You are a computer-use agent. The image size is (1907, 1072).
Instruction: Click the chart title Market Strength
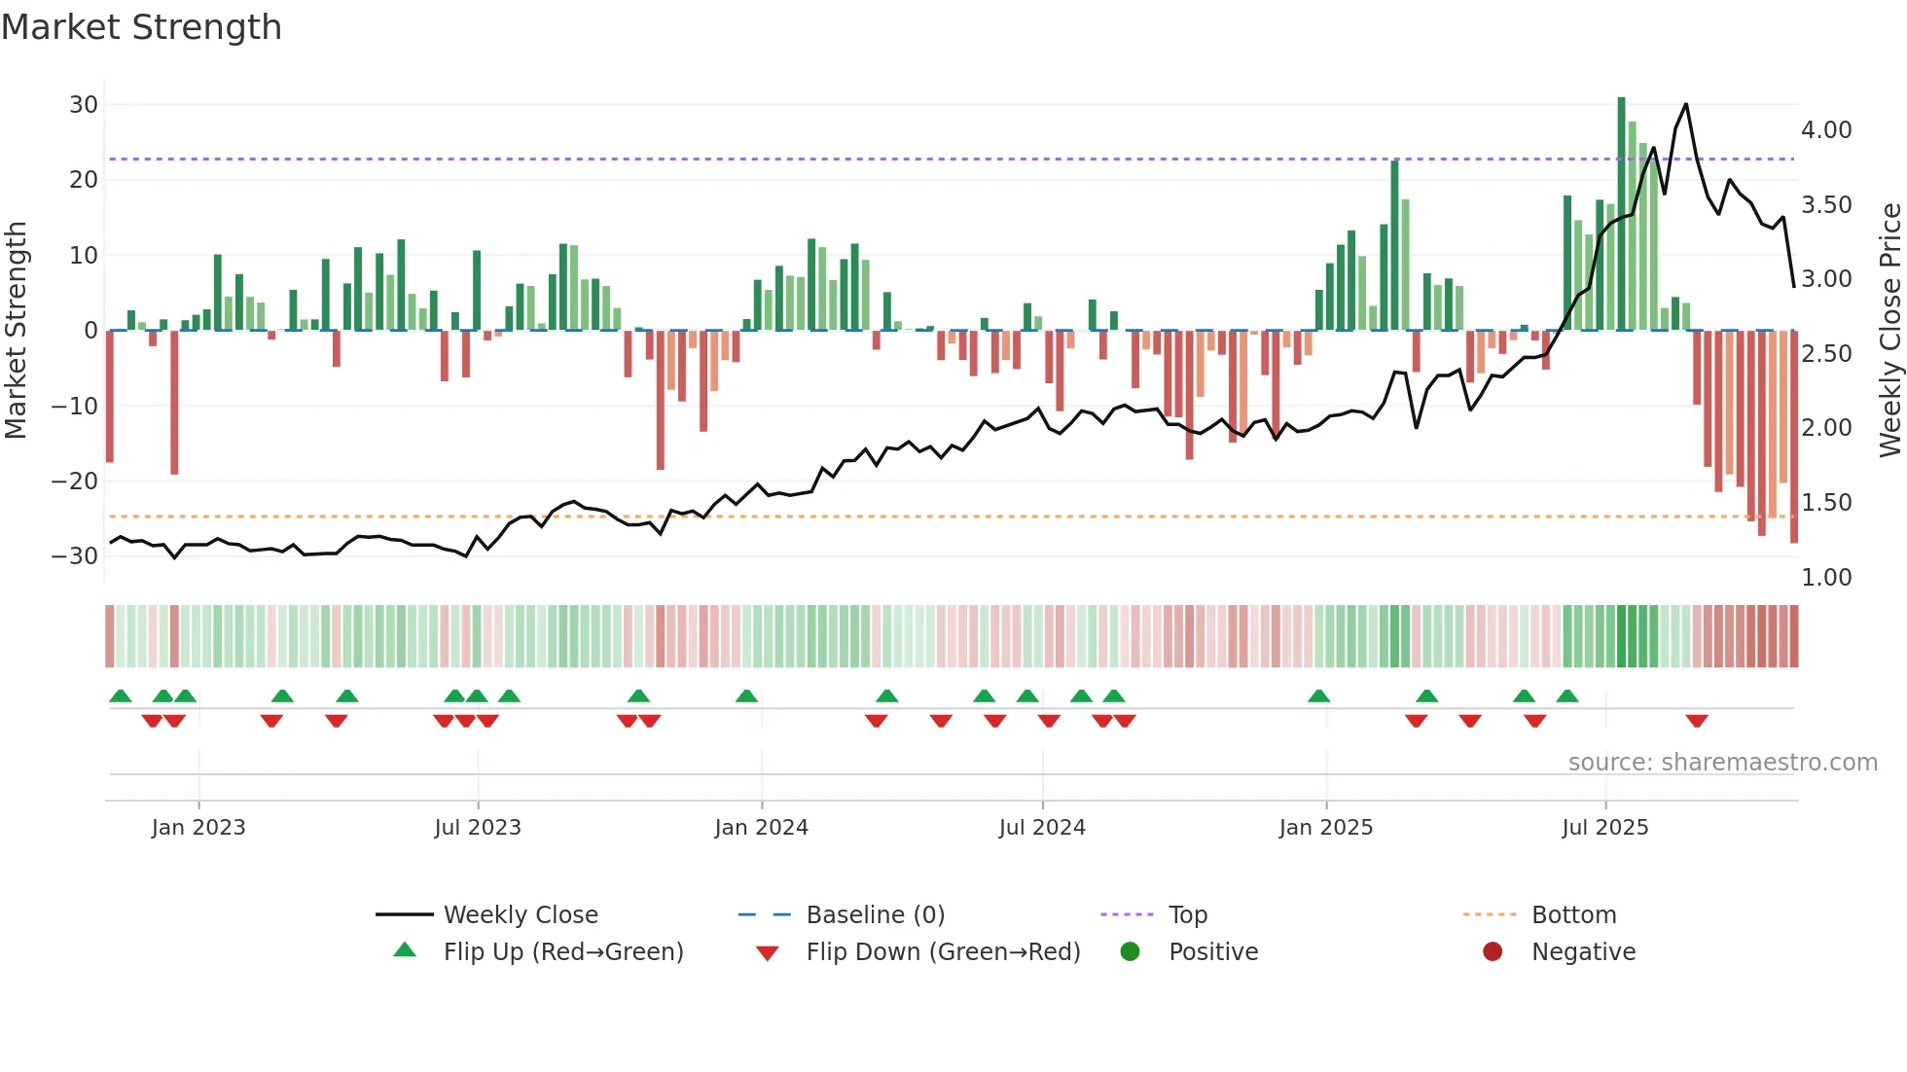[141, 27]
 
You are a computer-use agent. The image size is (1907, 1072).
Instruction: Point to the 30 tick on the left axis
[84, 105]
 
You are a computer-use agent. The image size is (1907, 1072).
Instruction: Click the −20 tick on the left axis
[75, 482]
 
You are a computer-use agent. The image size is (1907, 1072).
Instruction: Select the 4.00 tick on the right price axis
[1826, 130]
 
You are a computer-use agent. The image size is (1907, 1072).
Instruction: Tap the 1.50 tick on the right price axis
[1826, 503]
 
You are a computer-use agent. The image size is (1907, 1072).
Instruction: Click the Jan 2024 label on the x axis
[761, 828]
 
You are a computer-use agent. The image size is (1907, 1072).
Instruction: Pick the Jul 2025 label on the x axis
[1604, 828]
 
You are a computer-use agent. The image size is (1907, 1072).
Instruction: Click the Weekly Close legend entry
[521, 915]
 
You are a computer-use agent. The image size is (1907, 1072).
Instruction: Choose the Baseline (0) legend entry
[875, 915]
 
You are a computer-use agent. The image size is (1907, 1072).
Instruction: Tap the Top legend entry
[1187, 915]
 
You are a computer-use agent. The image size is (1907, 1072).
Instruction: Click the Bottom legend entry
[1573, 915]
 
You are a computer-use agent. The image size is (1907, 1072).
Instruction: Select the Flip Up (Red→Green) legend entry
[562, 952]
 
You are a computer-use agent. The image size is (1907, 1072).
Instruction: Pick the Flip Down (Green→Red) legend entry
[943, 952]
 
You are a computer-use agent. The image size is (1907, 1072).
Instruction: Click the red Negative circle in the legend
[1493, 951]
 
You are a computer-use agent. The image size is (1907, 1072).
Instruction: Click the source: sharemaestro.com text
[1722, 763]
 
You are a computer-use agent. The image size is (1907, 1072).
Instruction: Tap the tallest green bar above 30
[1621, 214]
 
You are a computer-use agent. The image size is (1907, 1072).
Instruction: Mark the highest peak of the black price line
[1686, 104]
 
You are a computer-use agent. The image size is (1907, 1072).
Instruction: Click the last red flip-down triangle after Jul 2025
[1697, 721]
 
